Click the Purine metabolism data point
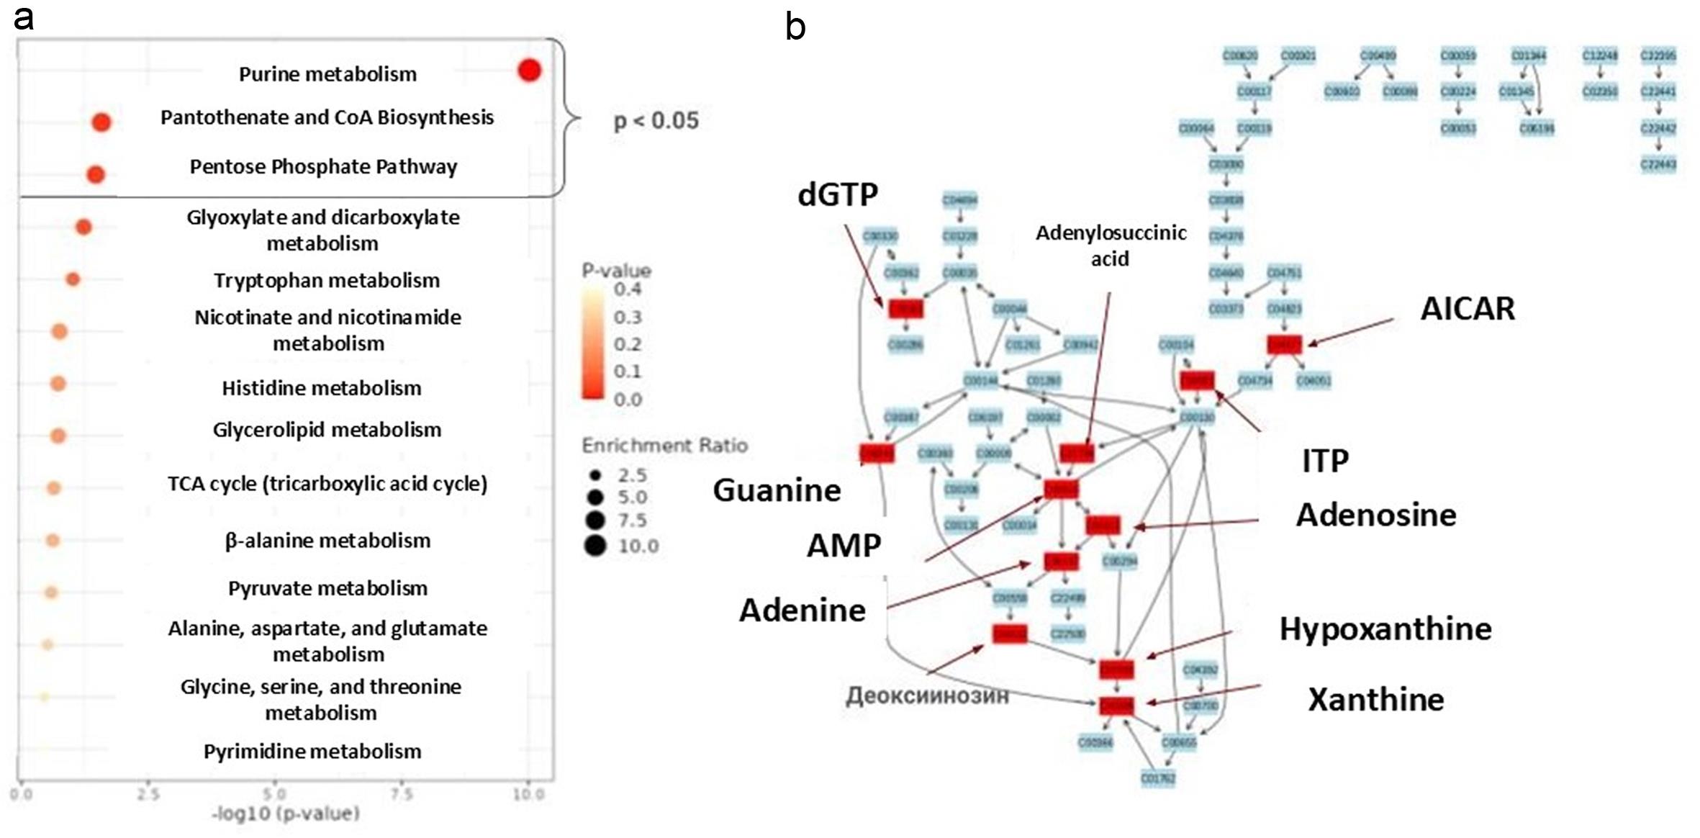(529, 71)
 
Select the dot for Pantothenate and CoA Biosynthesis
(101, 122)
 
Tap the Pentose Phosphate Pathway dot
(96, 174)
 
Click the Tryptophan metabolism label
(326, 280)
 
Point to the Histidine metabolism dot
(58, 384)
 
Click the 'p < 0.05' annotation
(656, 121)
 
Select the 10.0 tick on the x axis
(528, 794)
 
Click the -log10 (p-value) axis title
(285, 814)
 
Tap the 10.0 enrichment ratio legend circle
(595, 546)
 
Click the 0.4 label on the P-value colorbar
(628, 289)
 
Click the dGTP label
(838, 194)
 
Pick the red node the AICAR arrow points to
(1285, 344)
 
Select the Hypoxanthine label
(1385, 629)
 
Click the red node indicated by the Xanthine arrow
(1116, 706)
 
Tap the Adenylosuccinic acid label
(1111, 245)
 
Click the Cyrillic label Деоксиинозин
(926, 695)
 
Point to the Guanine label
(777, 490)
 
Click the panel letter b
(795, 27)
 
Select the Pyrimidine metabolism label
(312, 751)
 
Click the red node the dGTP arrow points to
(905, 309)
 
